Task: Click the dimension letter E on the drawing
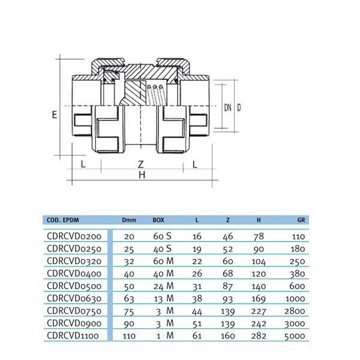(x=55, y=115)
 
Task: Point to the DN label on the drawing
(x=227, y=107)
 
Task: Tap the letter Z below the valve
(x=141, y=164)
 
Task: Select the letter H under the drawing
(x=142, y=175)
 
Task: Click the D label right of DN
(x=239, y=107)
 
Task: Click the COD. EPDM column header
(x=62, y=220)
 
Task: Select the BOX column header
(x=158, y=220)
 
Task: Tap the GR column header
(x=301, y=220)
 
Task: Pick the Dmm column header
(x=129, y=220)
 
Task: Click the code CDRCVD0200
(x=74, y=236)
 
